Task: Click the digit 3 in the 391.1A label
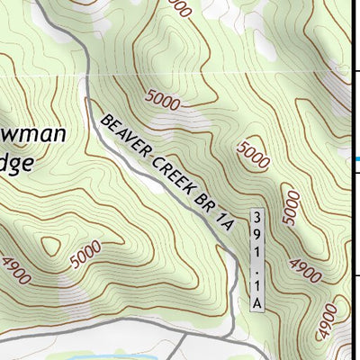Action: point(256,218)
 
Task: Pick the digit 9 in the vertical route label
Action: point(256,234)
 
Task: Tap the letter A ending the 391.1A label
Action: point(256,303)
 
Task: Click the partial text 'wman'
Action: point(32,135)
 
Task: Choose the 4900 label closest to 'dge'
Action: point(14,268)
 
